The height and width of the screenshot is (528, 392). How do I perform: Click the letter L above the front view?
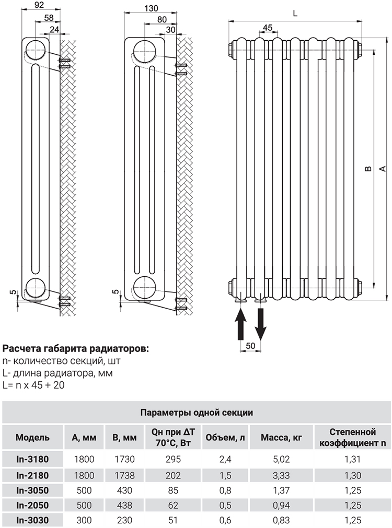[295, 14]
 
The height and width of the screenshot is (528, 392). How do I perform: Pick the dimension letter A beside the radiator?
[382, 168]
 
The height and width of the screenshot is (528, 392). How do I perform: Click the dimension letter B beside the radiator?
[368, 169]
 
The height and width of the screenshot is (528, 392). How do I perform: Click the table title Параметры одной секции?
[197, 413]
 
